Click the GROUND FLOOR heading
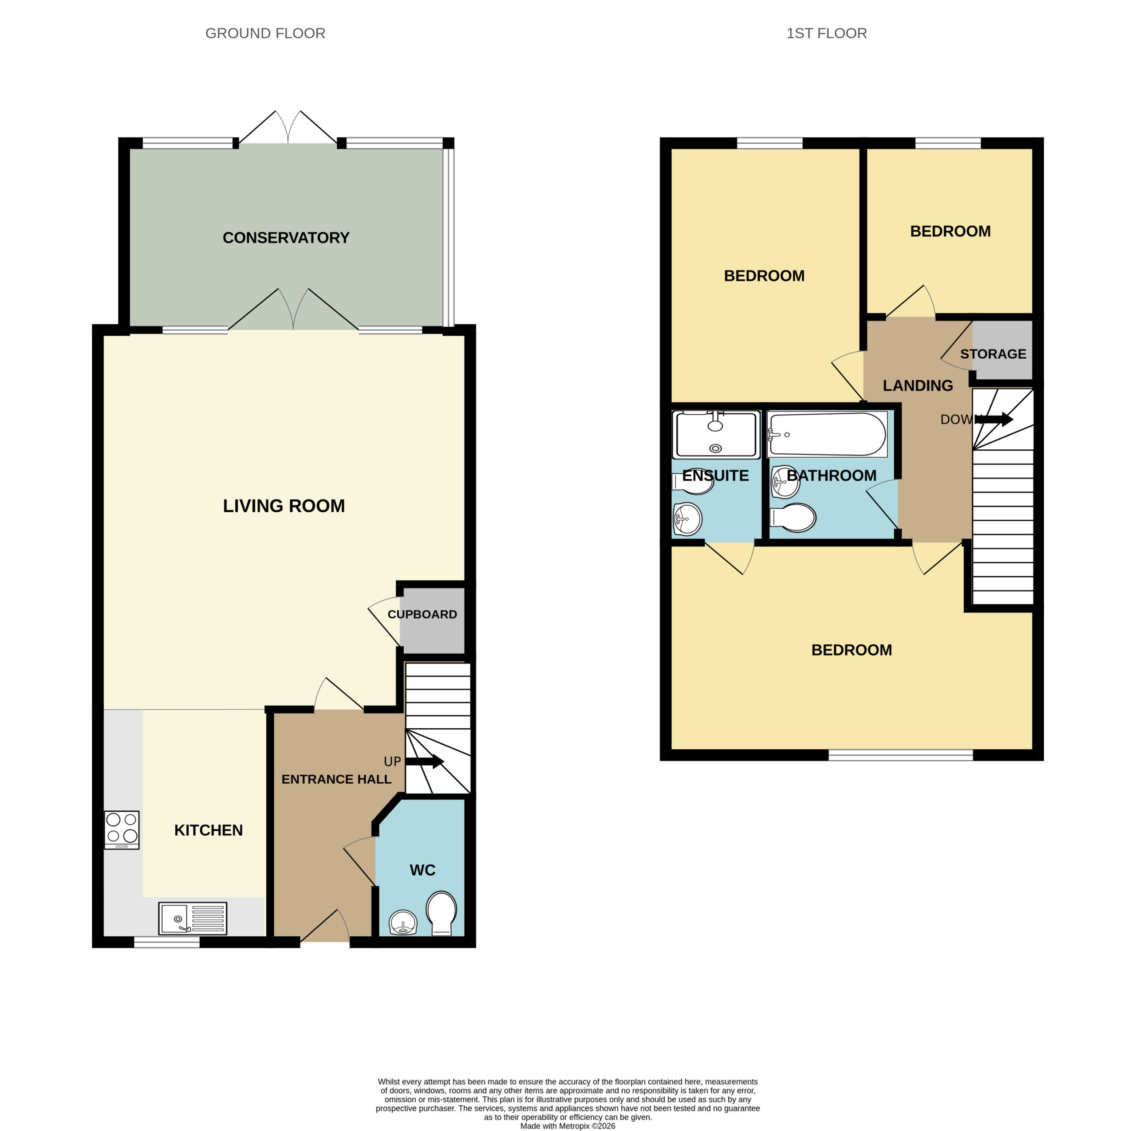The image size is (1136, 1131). (265, 34)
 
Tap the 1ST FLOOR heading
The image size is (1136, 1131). (827, 34)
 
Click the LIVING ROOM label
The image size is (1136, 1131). (284, 506)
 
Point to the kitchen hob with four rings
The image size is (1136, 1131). (122, 829)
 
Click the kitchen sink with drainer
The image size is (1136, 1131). (192, 918)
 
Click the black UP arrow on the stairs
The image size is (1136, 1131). (425, 762)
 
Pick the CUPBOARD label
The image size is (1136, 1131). (422, 614)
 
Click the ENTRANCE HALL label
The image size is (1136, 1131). (336, 779)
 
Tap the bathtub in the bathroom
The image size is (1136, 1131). (827, 434)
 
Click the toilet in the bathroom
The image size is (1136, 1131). (793, 517)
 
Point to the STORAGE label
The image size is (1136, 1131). (993, 354)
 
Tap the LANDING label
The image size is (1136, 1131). (918, 385)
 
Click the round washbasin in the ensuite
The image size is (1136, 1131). (687, 519)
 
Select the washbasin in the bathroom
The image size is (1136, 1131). (785, 481)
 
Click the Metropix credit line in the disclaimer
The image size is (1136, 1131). (568, 1126)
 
